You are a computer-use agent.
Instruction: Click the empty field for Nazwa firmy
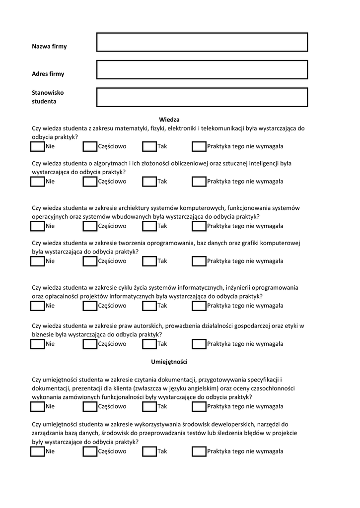(202, 42)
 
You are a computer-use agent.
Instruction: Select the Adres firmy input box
(202, 69)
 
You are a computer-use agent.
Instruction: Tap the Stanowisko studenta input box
(202, 97)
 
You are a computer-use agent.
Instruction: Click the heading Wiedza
(169, 120)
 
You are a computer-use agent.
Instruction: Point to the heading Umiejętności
(169, 362)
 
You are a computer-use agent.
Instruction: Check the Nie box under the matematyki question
(37, 146)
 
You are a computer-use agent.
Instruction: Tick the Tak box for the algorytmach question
(149, 182)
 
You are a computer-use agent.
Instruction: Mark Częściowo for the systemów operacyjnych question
(90, 226)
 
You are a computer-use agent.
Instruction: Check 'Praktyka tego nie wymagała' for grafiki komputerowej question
(199, 261)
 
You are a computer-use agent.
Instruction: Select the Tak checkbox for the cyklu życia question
(149, 306)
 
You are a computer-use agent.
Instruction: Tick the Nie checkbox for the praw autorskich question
(37, 344)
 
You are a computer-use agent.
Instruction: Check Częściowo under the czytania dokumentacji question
(90, 406)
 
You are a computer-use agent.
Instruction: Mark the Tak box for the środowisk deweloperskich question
(149, 451)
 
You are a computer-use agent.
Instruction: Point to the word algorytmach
(112, 163)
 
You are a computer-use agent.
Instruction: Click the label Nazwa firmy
(49, 47)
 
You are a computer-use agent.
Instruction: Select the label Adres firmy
(48, 74)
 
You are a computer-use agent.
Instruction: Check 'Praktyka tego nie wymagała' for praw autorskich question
(199, 344)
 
